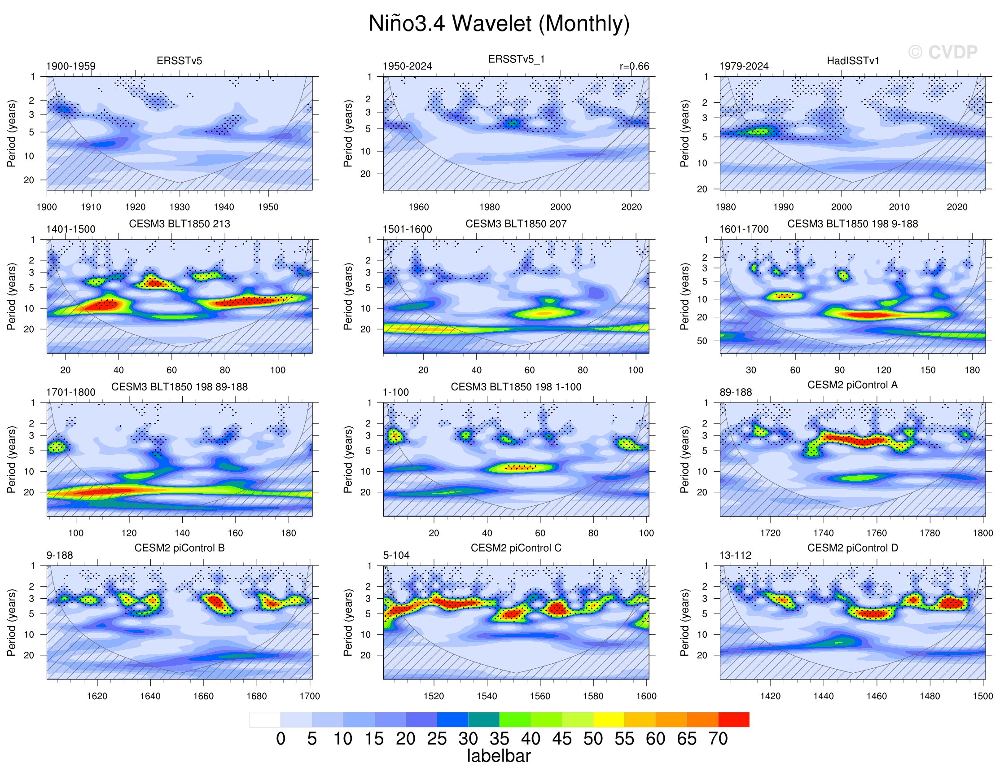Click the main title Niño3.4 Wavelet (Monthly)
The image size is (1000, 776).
coord(499,23)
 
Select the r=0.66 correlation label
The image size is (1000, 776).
coord(634,66)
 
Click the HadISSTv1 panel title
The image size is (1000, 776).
coord(853,61)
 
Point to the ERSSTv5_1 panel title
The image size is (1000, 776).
coord(516,59)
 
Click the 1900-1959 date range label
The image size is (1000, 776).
coord(71,66)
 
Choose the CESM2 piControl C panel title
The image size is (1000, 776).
coord(516,548)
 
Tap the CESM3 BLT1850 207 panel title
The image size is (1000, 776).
coord(516,224)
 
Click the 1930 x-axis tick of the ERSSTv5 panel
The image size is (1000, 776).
coord(180,207)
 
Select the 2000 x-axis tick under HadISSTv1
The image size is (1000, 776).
coord(842,207)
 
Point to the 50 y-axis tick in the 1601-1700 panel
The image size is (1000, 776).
coord(702,341)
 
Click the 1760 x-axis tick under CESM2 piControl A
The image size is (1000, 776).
coord(877,533)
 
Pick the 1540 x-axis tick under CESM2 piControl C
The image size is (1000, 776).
coord(487,696)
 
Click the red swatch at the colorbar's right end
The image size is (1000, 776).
coord(733,719)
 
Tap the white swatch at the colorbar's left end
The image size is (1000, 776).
coord(265,719)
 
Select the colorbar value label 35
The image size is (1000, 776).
coord(499,739)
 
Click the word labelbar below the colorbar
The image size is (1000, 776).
coord(499,756)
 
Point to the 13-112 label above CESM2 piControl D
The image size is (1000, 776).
coord(735,555)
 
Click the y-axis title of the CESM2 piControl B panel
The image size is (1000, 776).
coord(12,622)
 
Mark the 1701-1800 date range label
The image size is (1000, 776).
coord(71,392)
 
